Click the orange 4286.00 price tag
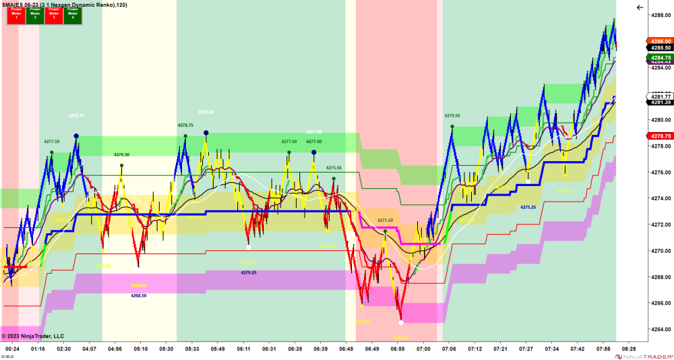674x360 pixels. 660,41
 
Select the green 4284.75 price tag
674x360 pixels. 660,58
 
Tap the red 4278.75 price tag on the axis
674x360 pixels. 660,136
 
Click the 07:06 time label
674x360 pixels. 450,349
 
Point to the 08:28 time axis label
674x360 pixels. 629,349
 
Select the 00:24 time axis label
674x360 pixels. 12,349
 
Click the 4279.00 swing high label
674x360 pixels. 206,112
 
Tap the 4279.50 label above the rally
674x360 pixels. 452,115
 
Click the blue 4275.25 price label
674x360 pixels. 528,208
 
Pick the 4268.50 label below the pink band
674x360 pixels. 139,295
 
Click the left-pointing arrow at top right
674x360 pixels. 640,7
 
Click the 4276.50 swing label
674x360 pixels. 121,154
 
